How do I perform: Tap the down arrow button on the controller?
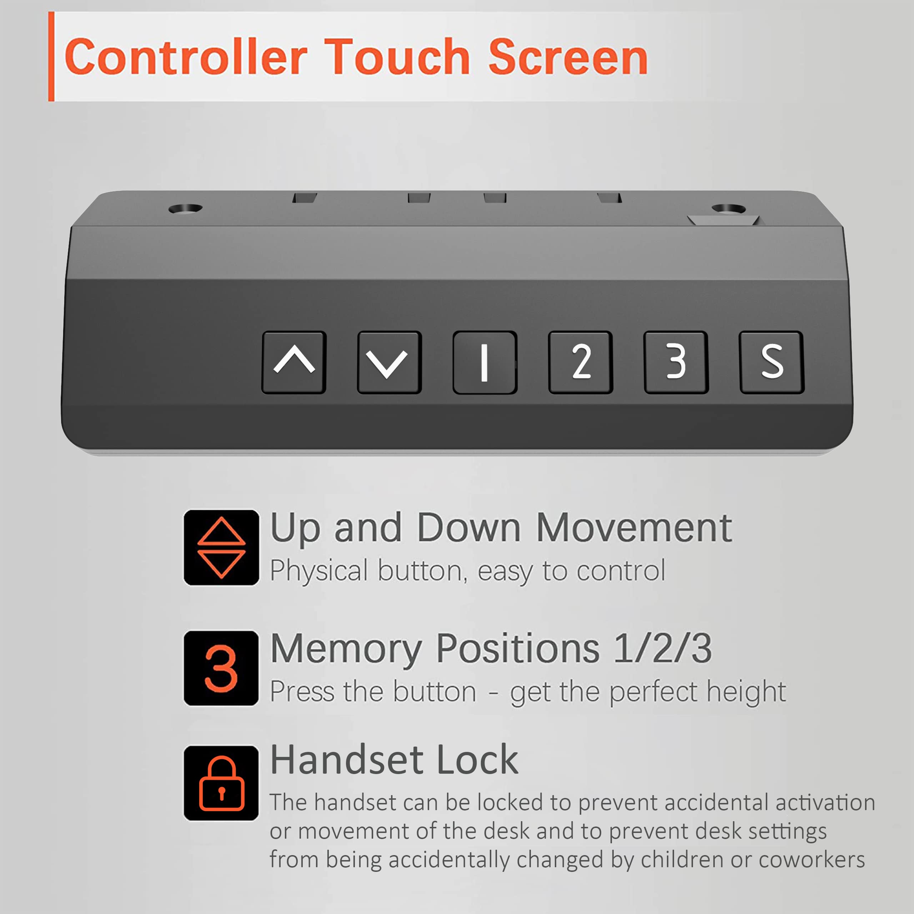(389, 362)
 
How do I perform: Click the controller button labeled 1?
(484, 362)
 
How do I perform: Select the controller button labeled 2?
(581, 362)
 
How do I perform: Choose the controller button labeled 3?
(676, 362)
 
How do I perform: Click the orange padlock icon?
(221, 783)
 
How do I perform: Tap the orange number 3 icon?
(221, 668)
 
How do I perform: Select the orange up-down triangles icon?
(221, 547)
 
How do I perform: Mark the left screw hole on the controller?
(185, 208)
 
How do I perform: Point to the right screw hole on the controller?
(729, 208)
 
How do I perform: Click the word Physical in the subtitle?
(319, 571)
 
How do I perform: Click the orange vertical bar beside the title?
(51, 56)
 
